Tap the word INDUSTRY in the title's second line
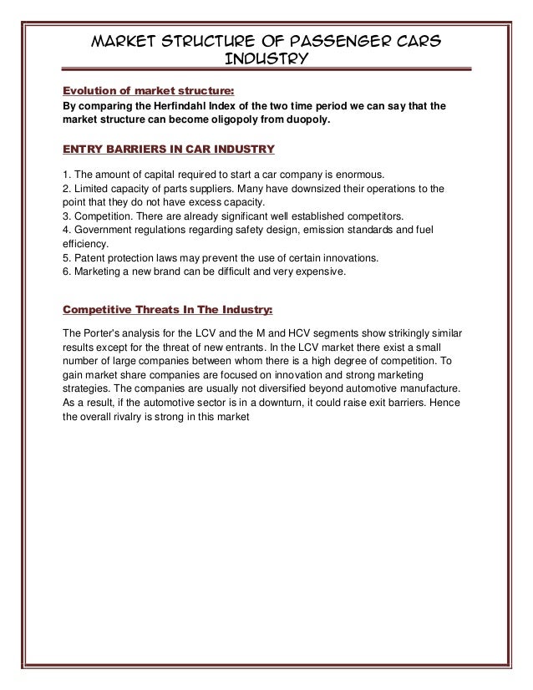(267, 59)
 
